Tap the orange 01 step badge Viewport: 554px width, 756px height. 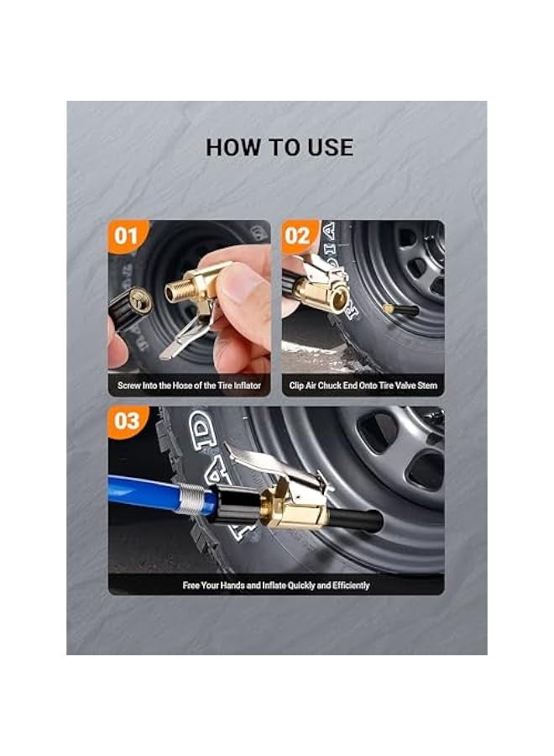[x=127, y=236]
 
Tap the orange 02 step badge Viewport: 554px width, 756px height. [x=298, y=236]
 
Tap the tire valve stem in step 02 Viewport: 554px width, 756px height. [x=400, y=310]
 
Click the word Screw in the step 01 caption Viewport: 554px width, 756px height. [x=131, y=386]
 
